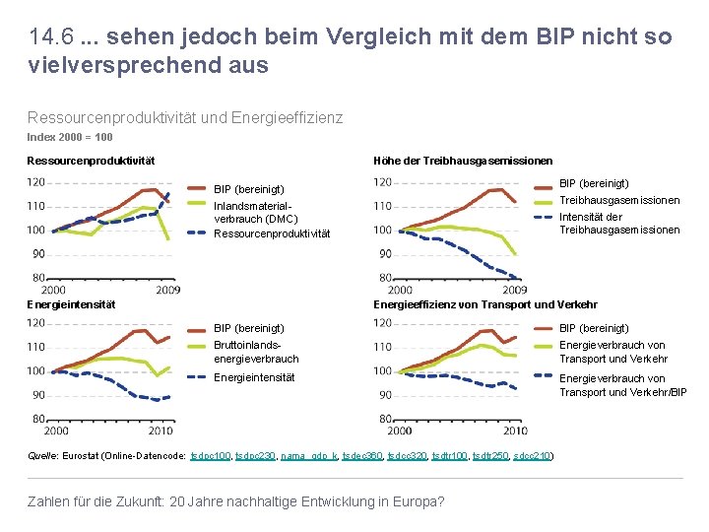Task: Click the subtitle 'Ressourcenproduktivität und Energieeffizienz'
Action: (x=185, y=118)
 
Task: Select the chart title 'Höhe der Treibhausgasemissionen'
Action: (x=463, y=161)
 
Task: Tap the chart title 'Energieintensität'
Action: (x=71, y=304)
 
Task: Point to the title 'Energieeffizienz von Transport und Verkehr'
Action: (x=484, y=305)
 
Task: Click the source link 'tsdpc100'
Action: (x=211, y=456)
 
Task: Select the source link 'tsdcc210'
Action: (x=532, y=456)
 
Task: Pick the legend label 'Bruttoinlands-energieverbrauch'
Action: (x=255, y=352)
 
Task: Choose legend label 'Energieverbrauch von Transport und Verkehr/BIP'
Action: (x=622, y=385)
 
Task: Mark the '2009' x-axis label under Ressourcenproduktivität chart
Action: (x=167, y=291)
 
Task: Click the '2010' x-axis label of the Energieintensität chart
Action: (x=161, y=431)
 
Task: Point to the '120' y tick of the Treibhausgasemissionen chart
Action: (x=382, y=182)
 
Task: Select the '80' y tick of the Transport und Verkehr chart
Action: (x=385, y=419)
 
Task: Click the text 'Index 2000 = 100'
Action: (x=69, y=137)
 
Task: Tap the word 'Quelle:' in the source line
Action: (x=42, y=456)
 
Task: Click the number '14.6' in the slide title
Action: (x=47, y=37)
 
